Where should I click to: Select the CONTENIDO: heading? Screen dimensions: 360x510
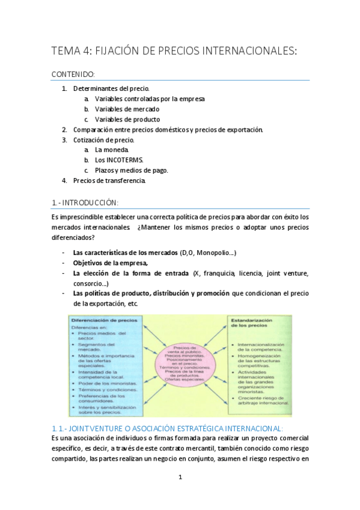(x=73, y=75)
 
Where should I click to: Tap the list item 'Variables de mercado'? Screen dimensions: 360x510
(x=127, y=109)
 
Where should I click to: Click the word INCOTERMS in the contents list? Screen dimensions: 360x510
(x=120, y=160)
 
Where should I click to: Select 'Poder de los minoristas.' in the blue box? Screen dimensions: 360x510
(x=107, y=383)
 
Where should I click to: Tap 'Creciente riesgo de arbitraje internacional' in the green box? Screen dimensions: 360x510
(x=263, y=400)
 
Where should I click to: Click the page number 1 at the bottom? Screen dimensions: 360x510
(x=180, y=478)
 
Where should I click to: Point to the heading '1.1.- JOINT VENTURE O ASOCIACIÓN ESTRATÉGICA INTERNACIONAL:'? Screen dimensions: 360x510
(x=167, y=428)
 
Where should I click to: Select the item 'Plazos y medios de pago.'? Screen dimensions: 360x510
(x=131, y=170)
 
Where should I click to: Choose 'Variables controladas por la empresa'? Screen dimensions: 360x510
(x=150, y=99)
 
